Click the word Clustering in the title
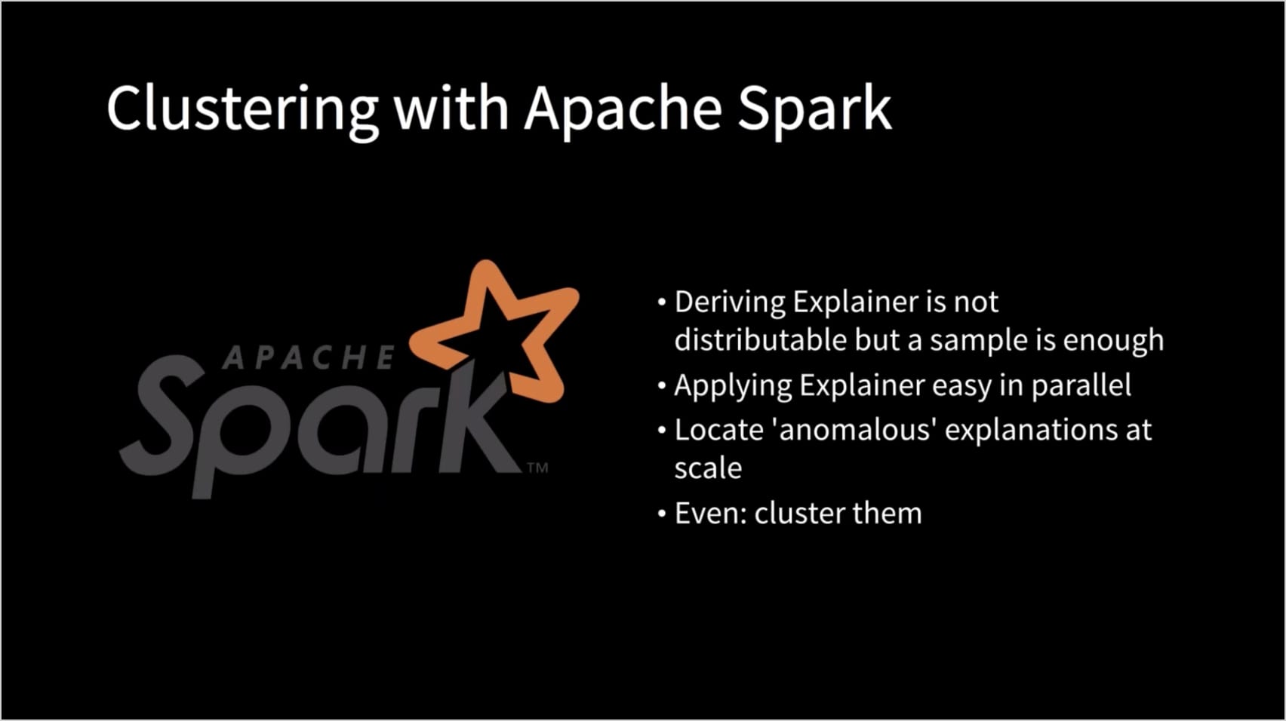(x=242, y=109)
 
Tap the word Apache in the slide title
(x=623, y=109)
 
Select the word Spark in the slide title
(x=814, y=109)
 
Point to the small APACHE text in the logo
(x=309, y=357)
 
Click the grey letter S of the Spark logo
(x=162, y=413)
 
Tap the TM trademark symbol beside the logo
(x=537, y=468)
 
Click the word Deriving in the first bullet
(x=730, y=303)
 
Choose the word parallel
(x=1081, y=385)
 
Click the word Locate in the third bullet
(x=718, y=430)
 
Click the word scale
(x=708, y=468)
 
